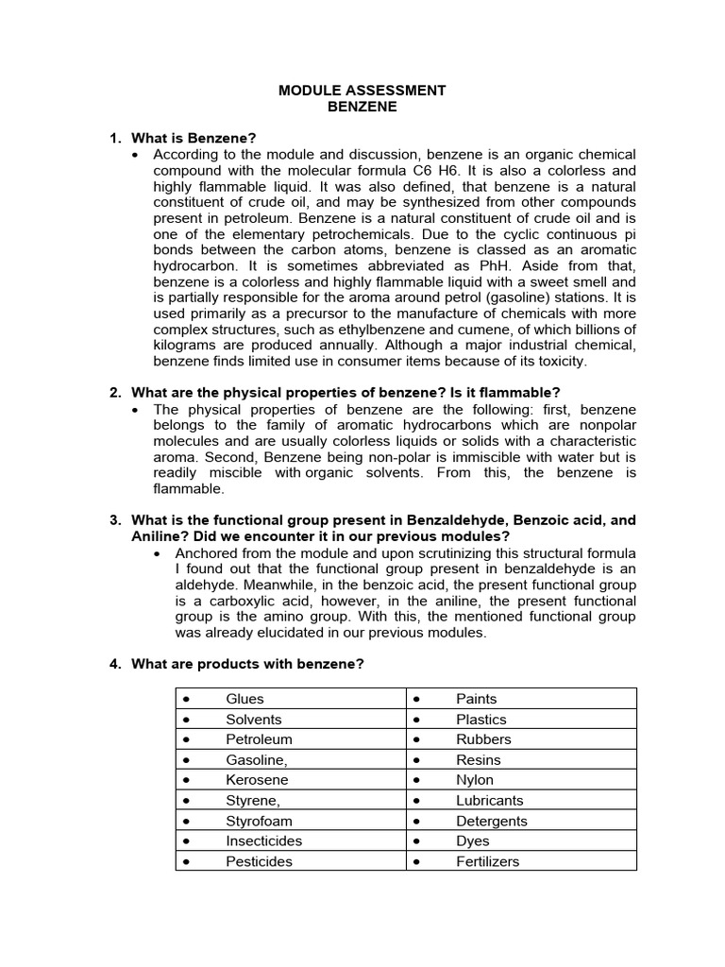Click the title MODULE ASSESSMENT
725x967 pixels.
coord(362,91)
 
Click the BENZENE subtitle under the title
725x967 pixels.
coord(362,107)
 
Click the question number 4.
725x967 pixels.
coord(114,664)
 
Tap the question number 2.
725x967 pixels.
coord(114,392)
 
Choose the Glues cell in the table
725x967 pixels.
coord(244,699)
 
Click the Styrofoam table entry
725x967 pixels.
coord(258,821)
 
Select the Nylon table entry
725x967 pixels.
coord(475,780)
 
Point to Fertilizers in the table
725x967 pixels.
coord(487,861)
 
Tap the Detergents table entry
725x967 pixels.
coord(492,821)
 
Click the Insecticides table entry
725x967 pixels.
coord(263,840)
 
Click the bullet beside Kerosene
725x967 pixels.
coord(187,780)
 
